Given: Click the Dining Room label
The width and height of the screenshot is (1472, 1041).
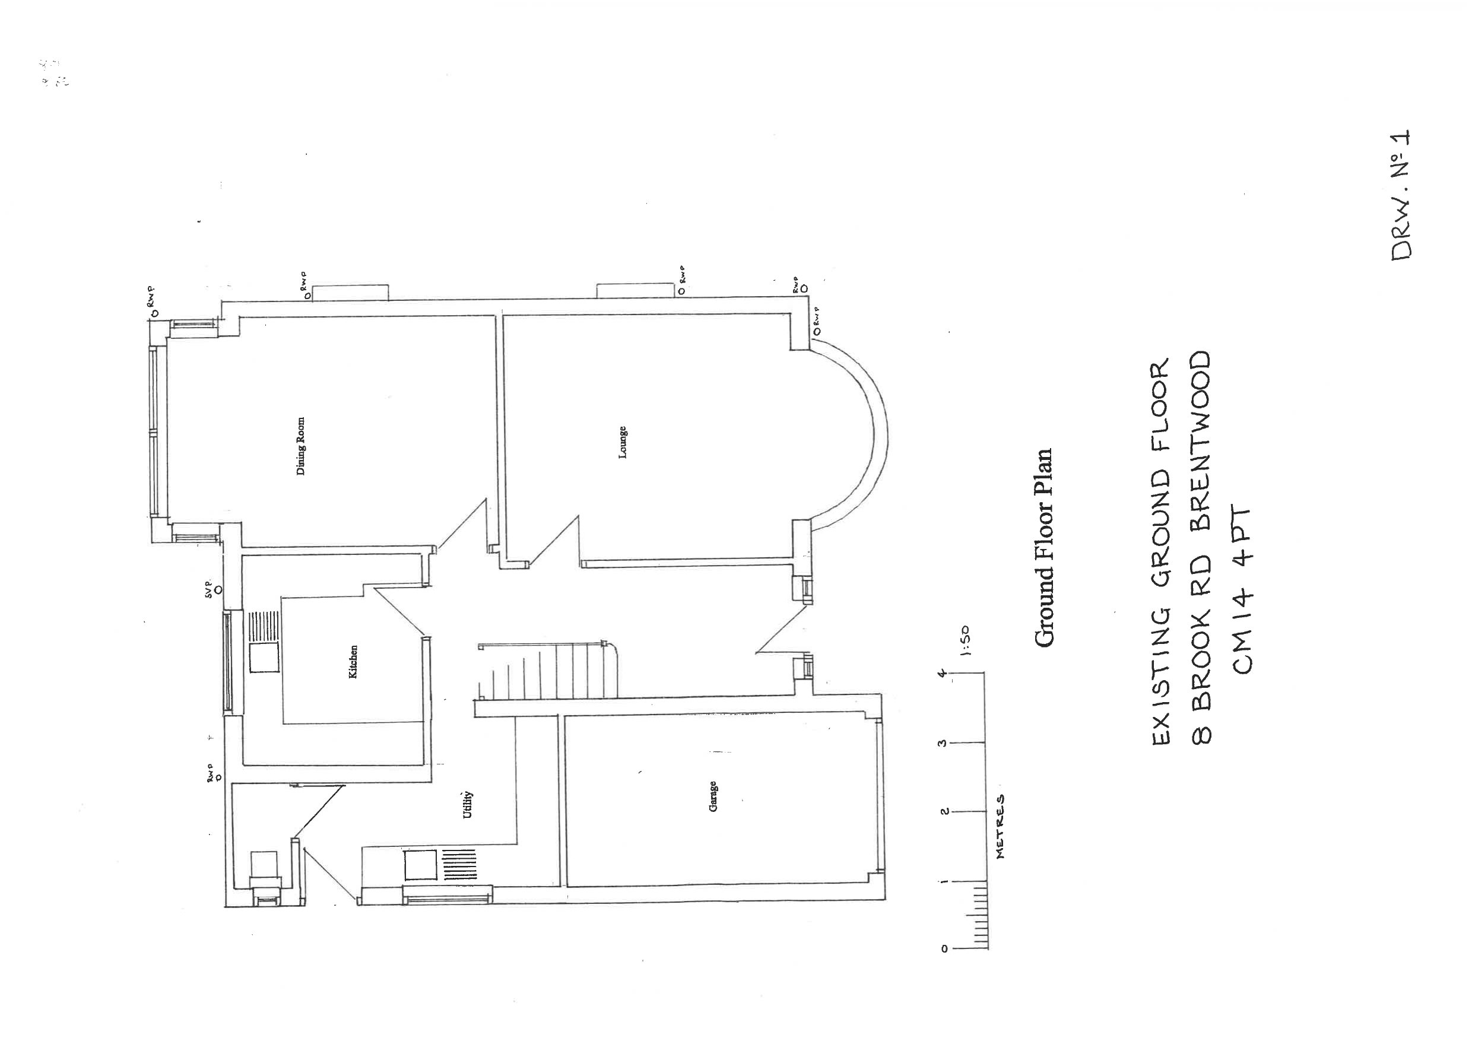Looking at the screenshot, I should tap(301, 447).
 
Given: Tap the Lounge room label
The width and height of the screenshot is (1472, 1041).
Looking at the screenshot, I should tap(623, 442).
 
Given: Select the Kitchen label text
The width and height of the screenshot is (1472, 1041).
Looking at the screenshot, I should tap(353, 662).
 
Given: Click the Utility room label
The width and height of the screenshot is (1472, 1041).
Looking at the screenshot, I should tap(468, 804).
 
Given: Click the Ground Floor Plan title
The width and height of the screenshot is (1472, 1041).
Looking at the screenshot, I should tap(1043, 547).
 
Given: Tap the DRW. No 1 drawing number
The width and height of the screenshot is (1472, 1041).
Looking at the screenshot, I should tap(1401, 195).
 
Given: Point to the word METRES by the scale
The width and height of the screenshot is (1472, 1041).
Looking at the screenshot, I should tap(1000, 827).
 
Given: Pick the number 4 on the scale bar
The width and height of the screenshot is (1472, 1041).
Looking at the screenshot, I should tap(942, 673).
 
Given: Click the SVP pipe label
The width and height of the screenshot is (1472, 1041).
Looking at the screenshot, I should tap(208, 589).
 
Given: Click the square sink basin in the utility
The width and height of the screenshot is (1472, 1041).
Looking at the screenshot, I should tap(420, 864).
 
